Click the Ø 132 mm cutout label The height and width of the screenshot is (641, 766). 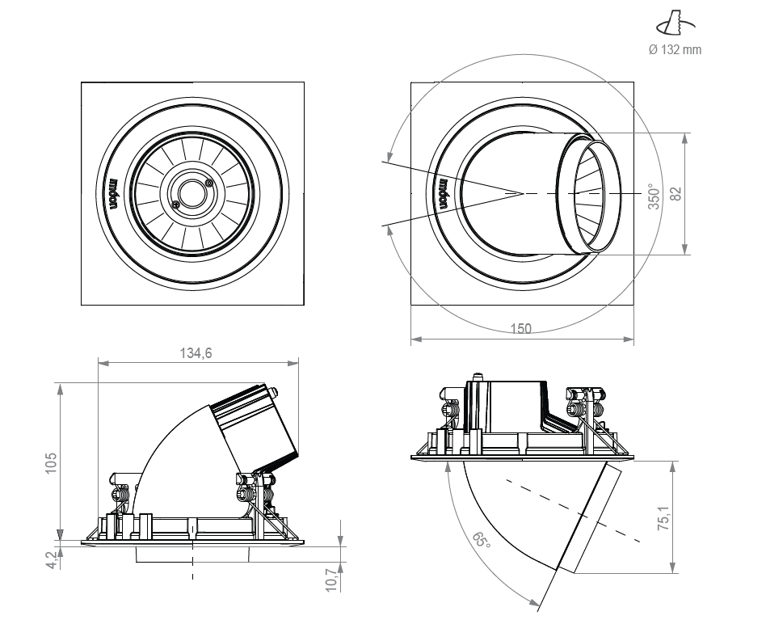676,50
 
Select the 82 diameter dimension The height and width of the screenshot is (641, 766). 677,194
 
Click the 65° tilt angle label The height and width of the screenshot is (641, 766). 482,539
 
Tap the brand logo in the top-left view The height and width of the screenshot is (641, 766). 114,192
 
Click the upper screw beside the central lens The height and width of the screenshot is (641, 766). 210,183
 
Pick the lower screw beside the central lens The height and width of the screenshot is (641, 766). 175,203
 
